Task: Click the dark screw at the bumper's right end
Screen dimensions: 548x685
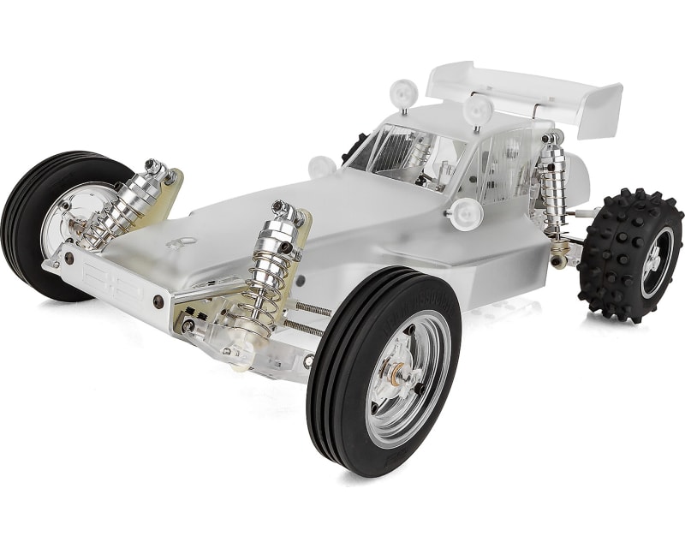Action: tap(158, 301)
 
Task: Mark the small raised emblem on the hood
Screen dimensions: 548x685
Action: tap(178, 243)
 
